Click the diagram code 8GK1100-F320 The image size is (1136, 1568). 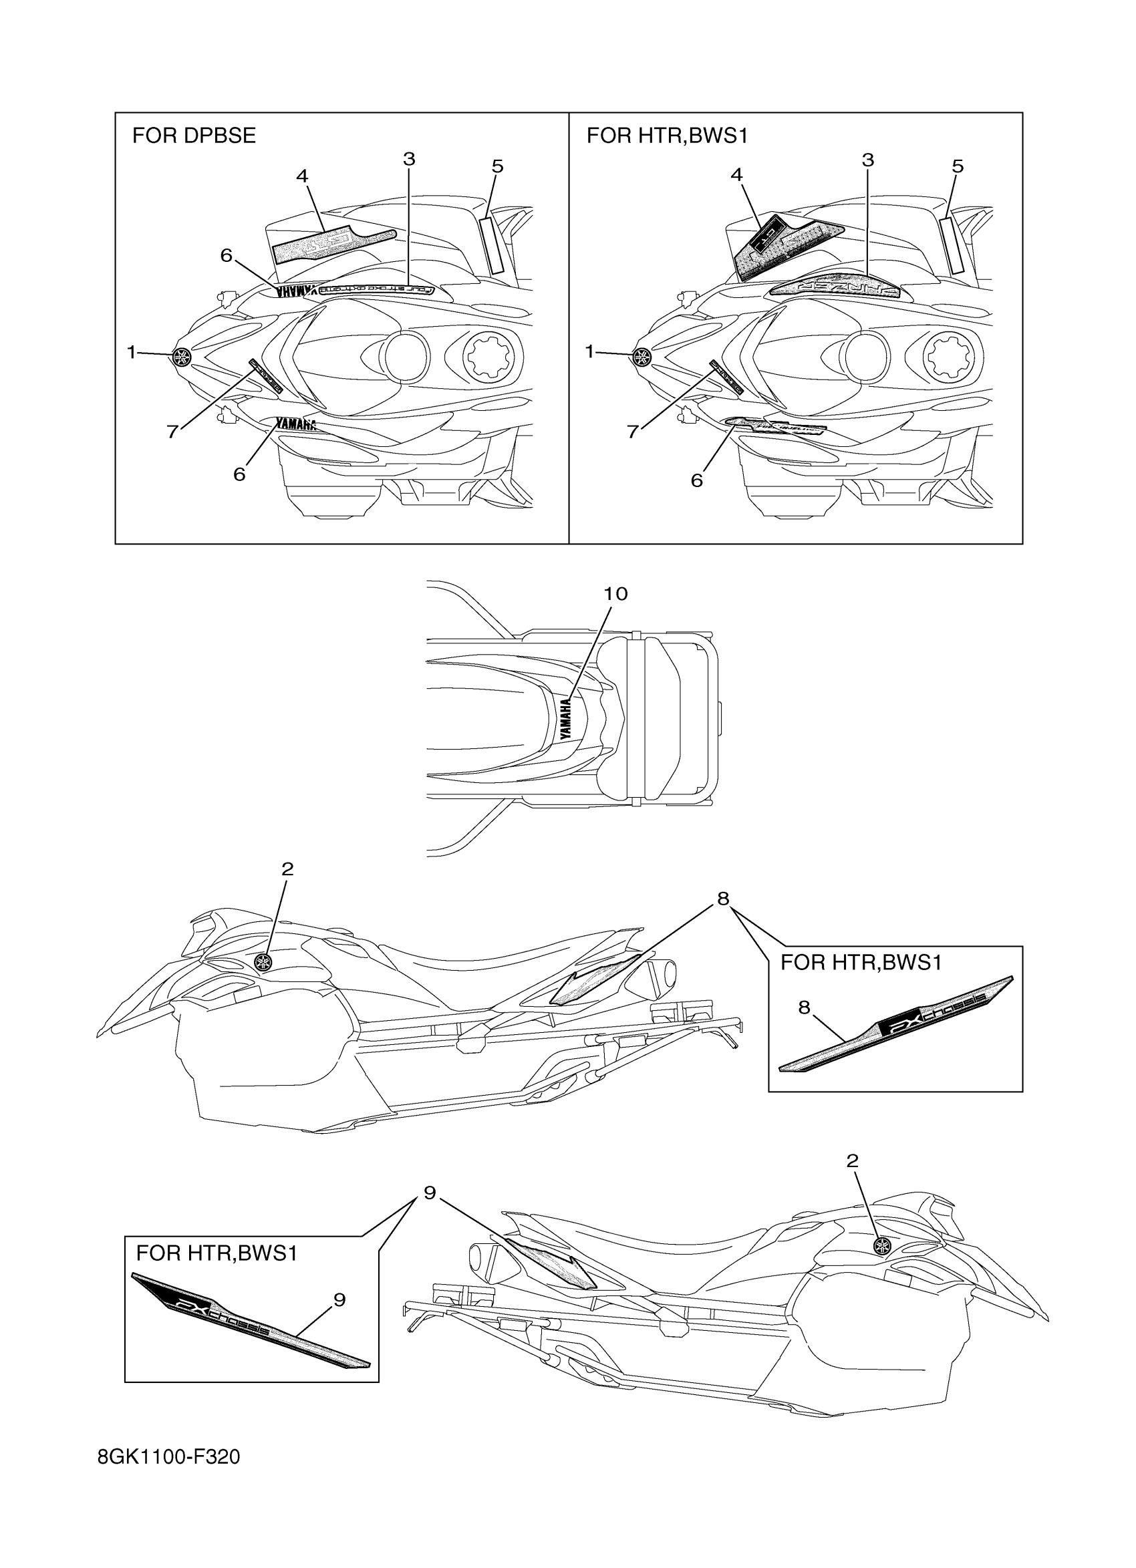point(168,1477)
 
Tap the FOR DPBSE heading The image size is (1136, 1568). point(194,136)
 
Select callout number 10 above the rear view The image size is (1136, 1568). point(615,594)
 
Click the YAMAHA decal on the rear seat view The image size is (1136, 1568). point(566,719)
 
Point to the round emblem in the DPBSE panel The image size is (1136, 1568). point(182,356)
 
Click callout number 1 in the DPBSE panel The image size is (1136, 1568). point(132,353)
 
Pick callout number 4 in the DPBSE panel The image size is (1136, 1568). point(302,176)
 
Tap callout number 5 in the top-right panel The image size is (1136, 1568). point(958,166)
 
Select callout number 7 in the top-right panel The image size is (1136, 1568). point(633,432)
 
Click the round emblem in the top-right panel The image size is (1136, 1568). point(642,356)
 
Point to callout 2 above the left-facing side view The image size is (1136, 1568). point(287,869)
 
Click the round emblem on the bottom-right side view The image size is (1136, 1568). point(881,1266)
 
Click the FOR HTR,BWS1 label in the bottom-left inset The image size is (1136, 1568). point(217,1253)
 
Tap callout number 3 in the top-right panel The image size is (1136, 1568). point(868,160)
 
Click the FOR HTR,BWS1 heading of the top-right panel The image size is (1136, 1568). point(667,136)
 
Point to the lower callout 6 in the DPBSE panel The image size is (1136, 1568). point(239,474)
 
